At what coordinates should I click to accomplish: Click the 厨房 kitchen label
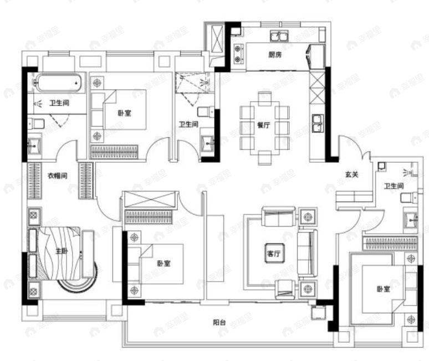coord(275,54)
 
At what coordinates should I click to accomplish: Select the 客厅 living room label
coord(274,253)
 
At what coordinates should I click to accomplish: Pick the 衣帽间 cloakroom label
coord(57,176)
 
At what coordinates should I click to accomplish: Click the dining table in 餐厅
coord(264,126)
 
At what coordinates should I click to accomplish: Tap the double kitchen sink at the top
coord(278,37)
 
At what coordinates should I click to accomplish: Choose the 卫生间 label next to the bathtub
coord(58,103)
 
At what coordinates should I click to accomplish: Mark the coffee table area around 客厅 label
coord(274,253)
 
